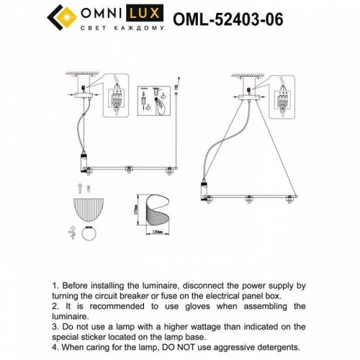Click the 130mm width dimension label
click(158, 240)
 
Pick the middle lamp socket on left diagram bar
click(127, 171)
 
